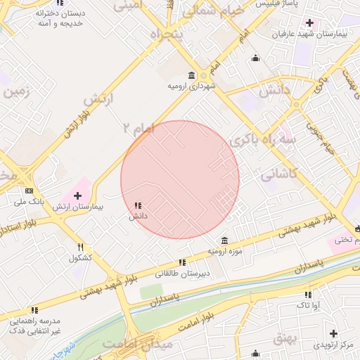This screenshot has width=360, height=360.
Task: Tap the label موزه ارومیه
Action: (224, 251)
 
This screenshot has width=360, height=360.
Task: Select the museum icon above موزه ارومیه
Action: (224, 240)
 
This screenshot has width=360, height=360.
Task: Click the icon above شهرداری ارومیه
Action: (192, 75)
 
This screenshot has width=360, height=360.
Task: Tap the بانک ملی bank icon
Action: (29, 191)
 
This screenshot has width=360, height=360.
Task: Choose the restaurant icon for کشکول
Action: (81, 247)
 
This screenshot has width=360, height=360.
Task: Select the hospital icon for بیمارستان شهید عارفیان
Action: (309, 23)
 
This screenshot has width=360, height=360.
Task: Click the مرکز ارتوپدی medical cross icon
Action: (333, 333)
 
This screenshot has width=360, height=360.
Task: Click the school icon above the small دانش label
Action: (137, 205)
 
